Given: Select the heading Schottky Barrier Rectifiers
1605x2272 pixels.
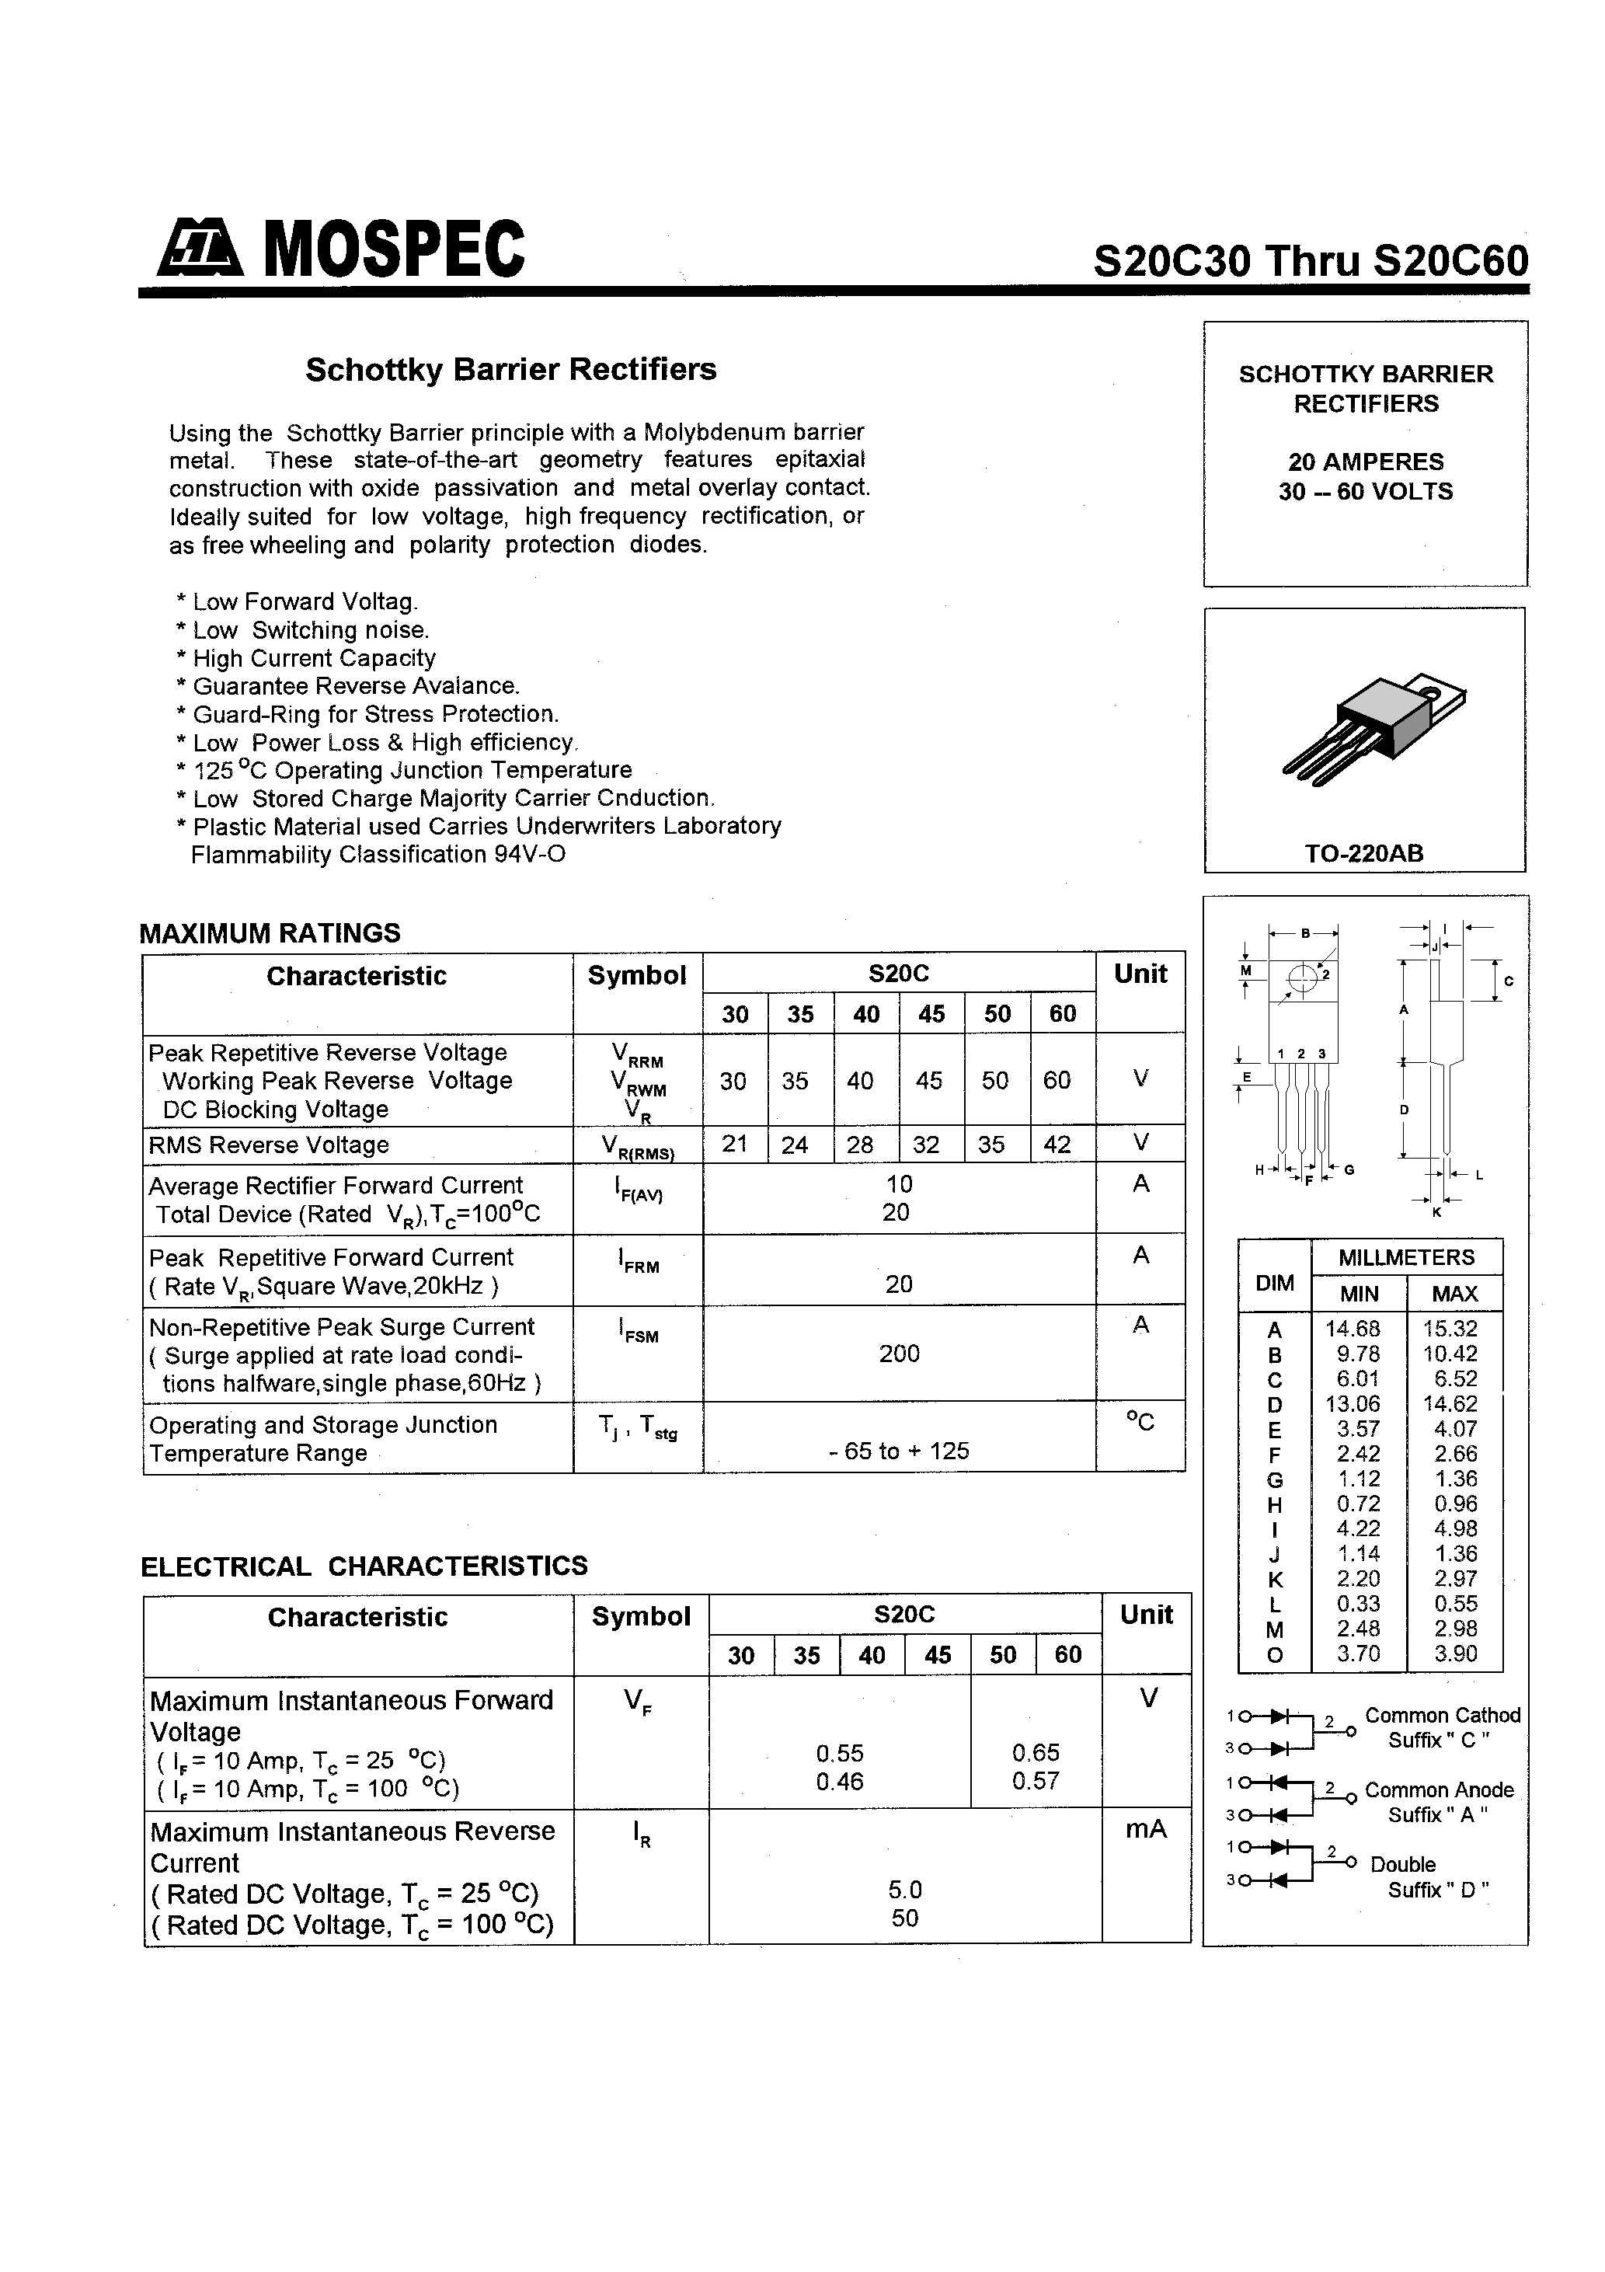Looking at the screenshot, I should pos(510,369).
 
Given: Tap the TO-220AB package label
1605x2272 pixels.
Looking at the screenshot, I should pos(1363,853).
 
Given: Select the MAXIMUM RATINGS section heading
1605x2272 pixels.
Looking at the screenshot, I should pos(270,933).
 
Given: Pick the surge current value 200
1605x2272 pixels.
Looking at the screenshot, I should pos(899,1354).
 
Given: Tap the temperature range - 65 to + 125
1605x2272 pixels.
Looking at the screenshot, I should pos(899,1451).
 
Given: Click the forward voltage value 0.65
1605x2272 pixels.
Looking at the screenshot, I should pos(1035,1752).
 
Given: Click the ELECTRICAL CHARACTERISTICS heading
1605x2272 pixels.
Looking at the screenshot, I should pos(364,1566).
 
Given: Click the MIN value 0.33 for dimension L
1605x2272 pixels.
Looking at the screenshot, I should pos(1358,1604).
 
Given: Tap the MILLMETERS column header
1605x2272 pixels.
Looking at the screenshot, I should pos(1406,1258).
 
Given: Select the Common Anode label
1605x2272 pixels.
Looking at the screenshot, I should pos(1439,1790).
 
